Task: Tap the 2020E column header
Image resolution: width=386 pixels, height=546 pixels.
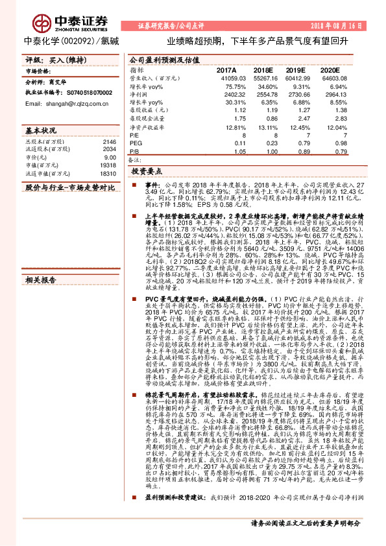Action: click(x=329, y=69)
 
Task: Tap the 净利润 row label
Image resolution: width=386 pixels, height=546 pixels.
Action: click(x=139, y=94)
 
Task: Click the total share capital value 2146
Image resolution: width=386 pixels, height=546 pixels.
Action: click(x=109, y=141)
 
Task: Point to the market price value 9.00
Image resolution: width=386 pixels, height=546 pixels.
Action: click(x=110, y=158)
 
